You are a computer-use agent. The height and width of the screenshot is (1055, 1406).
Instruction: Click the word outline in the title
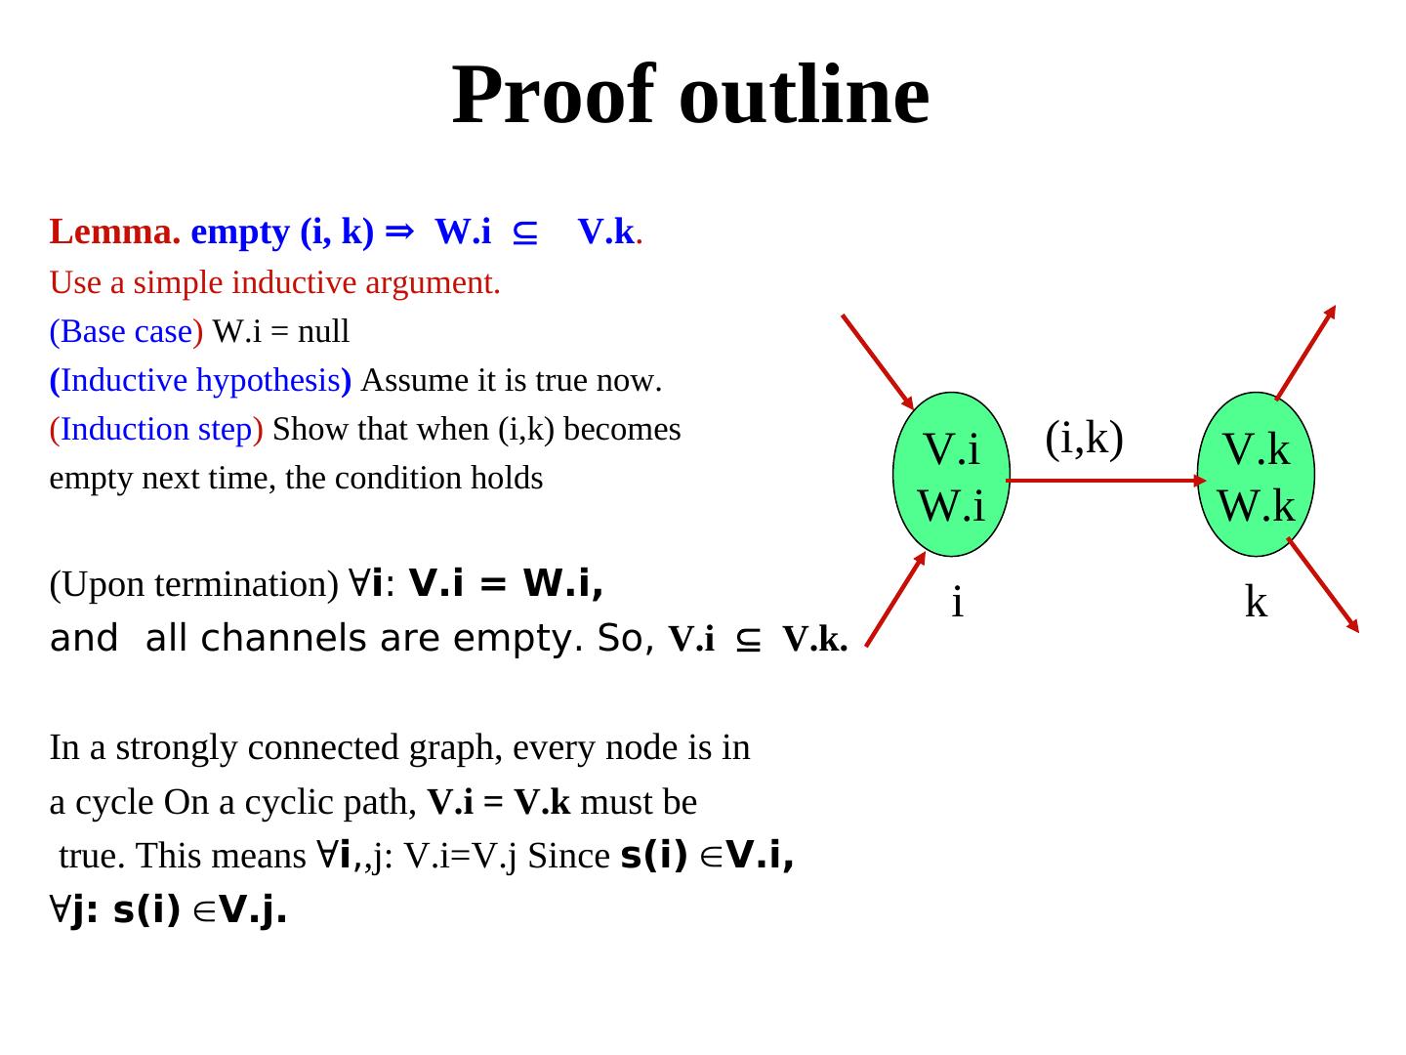[804, 95]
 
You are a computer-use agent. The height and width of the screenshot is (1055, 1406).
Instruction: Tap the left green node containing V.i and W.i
[951, 475]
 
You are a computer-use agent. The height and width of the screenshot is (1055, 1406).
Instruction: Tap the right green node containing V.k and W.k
[1256, 475]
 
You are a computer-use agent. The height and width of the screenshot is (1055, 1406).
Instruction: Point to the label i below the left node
[958, 603]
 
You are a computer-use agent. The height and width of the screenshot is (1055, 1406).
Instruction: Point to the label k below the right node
[1256, 603]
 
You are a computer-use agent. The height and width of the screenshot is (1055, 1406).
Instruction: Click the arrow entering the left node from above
[876, 360]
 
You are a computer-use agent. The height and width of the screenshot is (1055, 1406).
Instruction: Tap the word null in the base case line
[323, 332]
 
